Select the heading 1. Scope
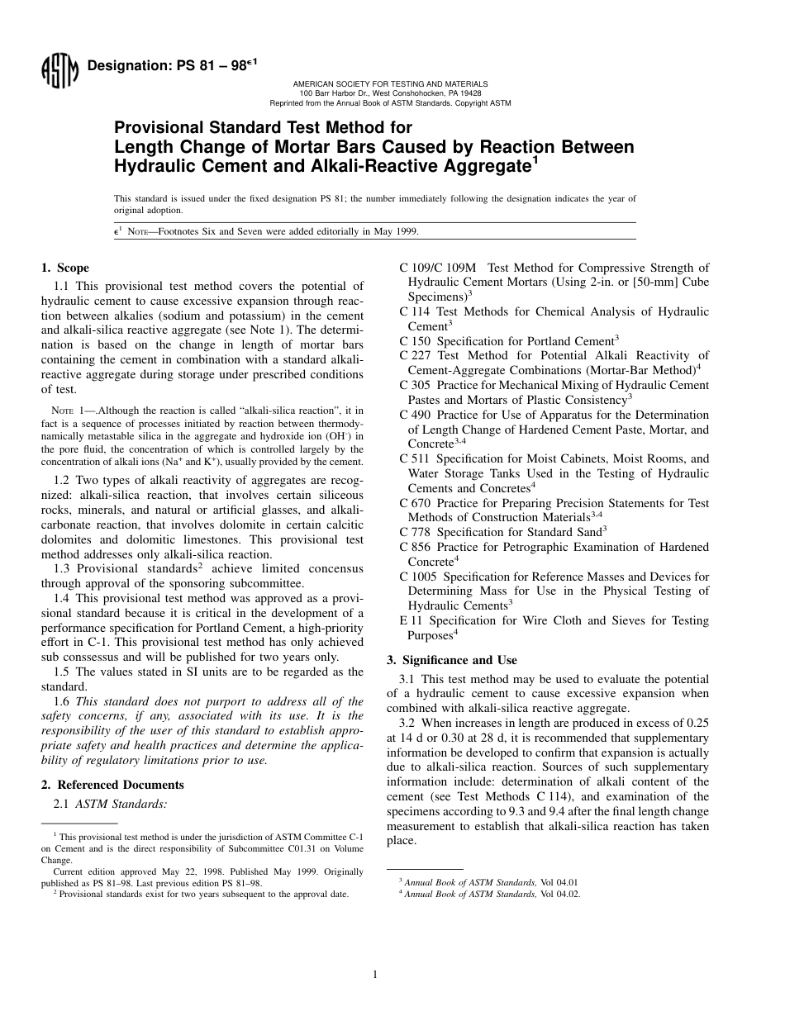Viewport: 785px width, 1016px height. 65,268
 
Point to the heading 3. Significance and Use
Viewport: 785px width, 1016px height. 452,660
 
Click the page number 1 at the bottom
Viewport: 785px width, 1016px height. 375,975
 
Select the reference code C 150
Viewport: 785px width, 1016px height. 416,341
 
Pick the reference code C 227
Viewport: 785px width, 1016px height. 416,356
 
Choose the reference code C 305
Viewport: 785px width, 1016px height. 416,386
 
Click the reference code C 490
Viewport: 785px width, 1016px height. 416,415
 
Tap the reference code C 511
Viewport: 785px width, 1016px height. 416,459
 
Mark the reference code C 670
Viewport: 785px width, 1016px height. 416,503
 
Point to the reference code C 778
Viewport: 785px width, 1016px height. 416,533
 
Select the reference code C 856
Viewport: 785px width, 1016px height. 416,548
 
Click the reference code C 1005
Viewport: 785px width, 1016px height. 419,577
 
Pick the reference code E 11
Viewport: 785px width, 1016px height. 411,621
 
